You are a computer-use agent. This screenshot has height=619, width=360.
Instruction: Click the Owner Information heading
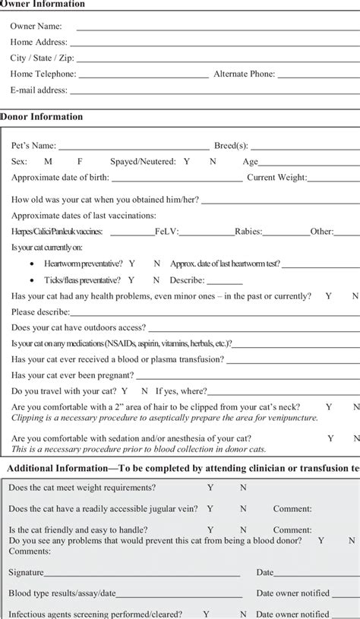43,5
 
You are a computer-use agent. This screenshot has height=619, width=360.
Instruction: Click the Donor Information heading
43,117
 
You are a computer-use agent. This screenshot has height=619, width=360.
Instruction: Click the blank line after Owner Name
216,26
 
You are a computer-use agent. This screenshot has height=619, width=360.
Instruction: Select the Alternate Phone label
245,74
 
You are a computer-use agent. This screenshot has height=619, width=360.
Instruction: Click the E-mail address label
39,90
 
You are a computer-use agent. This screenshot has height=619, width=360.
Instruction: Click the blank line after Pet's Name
133,145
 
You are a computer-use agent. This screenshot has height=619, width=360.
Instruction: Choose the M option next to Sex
48,162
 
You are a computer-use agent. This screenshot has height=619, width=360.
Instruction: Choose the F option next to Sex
80,162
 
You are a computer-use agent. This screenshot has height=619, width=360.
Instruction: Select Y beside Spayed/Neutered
187,162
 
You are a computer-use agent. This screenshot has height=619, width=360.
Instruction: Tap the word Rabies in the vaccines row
248,232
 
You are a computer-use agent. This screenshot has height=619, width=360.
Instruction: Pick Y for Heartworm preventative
132,264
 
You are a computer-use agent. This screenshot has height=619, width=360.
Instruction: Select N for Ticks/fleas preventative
156,279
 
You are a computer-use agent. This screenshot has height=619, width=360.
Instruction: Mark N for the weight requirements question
243,488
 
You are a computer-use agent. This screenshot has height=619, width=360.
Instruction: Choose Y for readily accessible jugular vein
210,509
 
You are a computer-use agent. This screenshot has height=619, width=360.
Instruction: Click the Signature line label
26,572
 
